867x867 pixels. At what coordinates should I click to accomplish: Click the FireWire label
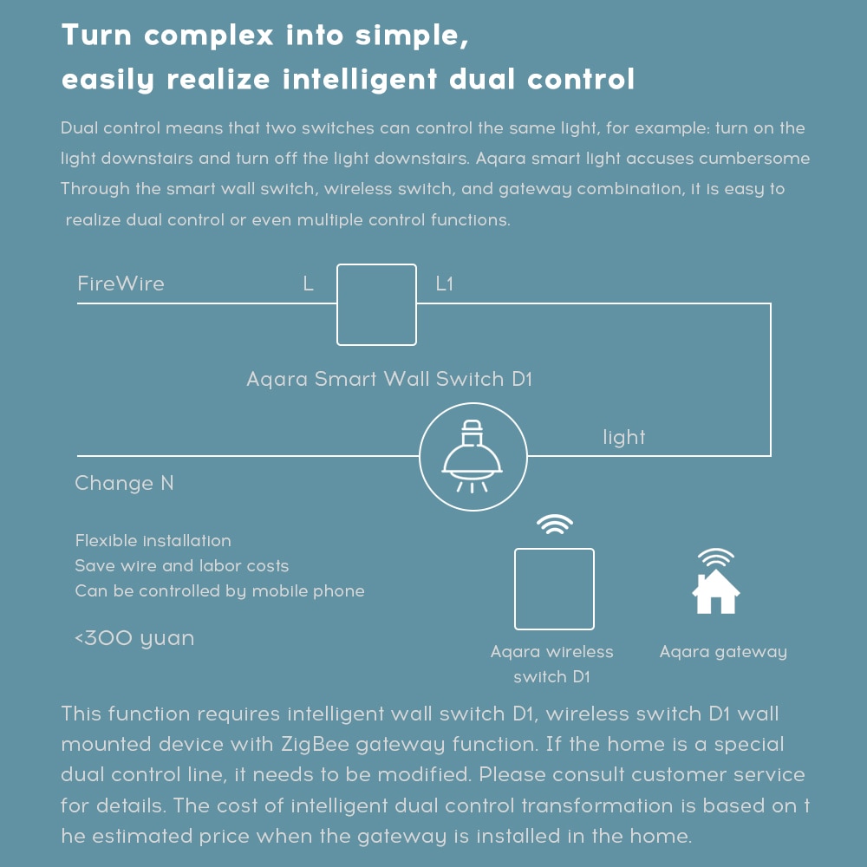[121, 284]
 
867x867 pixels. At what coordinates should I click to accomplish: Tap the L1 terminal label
[444, 284]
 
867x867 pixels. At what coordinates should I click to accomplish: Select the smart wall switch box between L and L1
[376, 304]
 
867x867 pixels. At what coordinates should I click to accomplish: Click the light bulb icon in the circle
[473, 456]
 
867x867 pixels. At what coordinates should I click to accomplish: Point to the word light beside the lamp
[624, 437]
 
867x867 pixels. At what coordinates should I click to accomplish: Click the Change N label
[124, 483]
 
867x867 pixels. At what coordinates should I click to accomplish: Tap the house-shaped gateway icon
[715, 591]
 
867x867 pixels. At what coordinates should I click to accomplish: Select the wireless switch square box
[554, 589]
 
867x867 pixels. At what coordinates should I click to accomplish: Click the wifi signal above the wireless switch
[554, 525]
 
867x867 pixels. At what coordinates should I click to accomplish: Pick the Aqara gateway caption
[723, 651]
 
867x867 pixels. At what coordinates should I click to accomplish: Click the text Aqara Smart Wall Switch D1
[388, 379]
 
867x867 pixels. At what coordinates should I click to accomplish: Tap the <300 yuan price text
[134, 639]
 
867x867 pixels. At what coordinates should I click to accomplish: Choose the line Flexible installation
[153, 541]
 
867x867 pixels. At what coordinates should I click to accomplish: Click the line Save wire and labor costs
[181, 566]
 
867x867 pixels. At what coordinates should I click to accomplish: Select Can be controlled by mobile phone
[219, 591]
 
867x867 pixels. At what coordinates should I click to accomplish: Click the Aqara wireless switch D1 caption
[551, 664]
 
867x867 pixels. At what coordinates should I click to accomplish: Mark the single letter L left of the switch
[308, 284]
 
